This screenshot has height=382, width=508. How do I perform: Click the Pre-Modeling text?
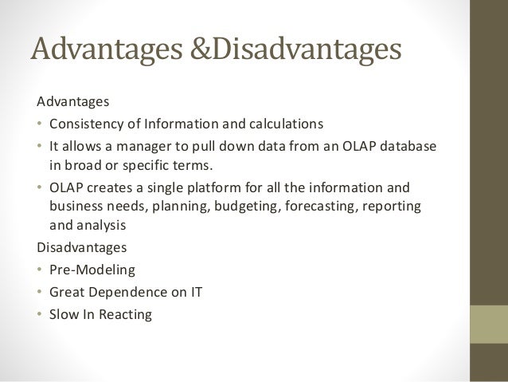[92, 270]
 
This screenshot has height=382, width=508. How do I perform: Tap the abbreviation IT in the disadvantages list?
[195, 292]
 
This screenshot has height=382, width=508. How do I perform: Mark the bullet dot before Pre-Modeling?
[41, 270]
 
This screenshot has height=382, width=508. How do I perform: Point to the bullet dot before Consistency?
[41, 124]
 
